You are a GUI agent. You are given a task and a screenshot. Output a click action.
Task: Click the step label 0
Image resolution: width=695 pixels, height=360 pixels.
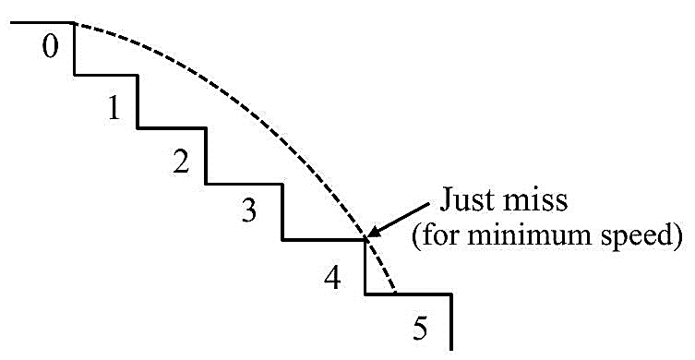50,47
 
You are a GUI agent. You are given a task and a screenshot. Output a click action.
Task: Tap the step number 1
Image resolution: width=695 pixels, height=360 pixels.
114,108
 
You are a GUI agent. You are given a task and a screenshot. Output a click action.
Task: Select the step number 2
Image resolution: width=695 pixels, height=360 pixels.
181,162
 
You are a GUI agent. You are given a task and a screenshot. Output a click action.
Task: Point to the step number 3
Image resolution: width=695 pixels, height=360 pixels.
249,211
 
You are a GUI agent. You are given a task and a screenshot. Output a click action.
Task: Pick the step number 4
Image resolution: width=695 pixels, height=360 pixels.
332,279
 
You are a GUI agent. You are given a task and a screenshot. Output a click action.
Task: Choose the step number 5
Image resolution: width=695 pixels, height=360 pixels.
420,329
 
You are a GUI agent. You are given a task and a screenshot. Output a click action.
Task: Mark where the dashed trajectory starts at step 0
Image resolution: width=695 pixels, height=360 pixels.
74,23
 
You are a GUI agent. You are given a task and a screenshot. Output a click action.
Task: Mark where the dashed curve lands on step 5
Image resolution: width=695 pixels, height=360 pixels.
394,293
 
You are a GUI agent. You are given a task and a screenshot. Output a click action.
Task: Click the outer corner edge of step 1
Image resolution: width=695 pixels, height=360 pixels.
138,76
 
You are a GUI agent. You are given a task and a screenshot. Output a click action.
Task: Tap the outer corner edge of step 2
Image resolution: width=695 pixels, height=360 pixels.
206,128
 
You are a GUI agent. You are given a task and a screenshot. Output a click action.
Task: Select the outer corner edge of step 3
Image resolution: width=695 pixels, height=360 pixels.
282,184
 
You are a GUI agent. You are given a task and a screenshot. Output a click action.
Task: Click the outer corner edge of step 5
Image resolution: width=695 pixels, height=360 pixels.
450,294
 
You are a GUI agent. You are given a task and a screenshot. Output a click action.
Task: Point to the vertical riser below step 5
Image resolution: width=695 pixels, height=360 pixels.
450,322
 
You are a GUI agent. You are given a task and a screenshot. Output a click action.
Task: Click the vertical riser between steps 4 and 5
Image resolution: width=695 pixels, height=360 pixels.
365,267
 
